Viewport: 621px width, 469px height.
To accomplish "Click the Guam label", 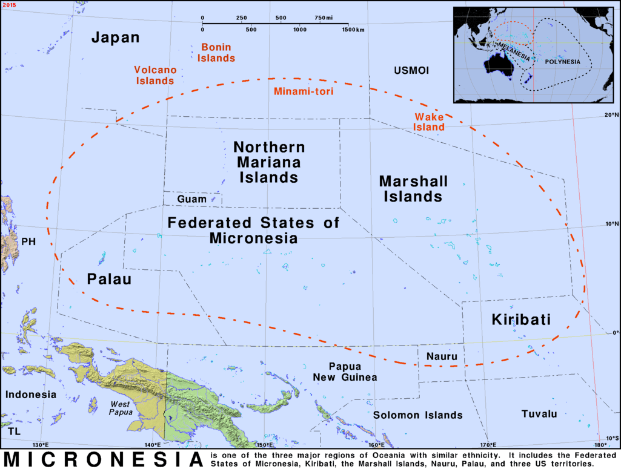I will point(191,199).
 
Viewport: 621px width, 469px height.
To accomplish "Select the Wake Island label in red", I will point(430,122).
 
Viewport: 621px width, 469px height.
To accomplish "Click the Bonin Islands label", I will point(217,53).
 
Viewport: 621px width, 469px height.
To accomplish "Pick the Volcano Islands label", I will point(154,75).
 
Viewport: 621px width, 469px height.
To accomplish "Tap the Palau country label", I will point(109,279).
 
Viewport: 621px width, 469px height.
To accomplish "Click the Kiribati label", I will point(521,320).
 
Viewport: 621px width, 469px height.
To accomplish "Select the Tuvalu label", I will point(539,414).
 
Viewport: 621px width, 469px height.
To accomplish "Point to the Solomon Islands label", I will point(417,415).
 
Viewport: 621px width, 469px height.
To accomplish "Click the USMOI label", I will point(411,71).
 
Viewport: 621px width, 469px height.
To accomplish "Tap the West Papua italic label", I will point(120,408).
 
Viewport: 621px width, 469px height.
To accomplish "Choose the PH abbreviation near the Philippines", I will point(28,242).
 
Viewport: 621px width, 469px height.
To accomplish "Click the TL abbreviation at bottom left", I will point(13,431).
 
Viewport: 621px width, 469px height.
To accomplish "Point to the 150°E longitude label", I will point(264,446).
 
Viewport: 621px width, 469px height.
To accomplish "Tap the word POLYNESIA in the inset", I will point(562,62).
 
